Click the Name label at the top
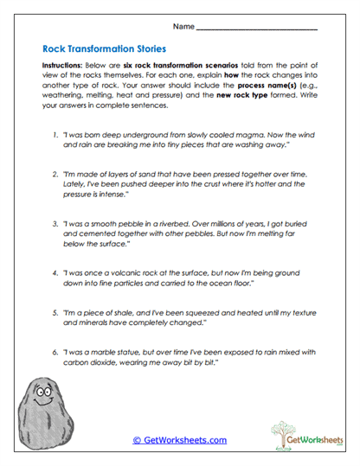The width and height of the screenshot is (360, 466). click(183, 27)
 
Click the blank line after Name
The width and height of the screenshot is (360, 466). click(256, 29)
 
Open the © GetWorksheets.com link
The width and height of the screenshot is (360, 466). click(179, 440)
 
